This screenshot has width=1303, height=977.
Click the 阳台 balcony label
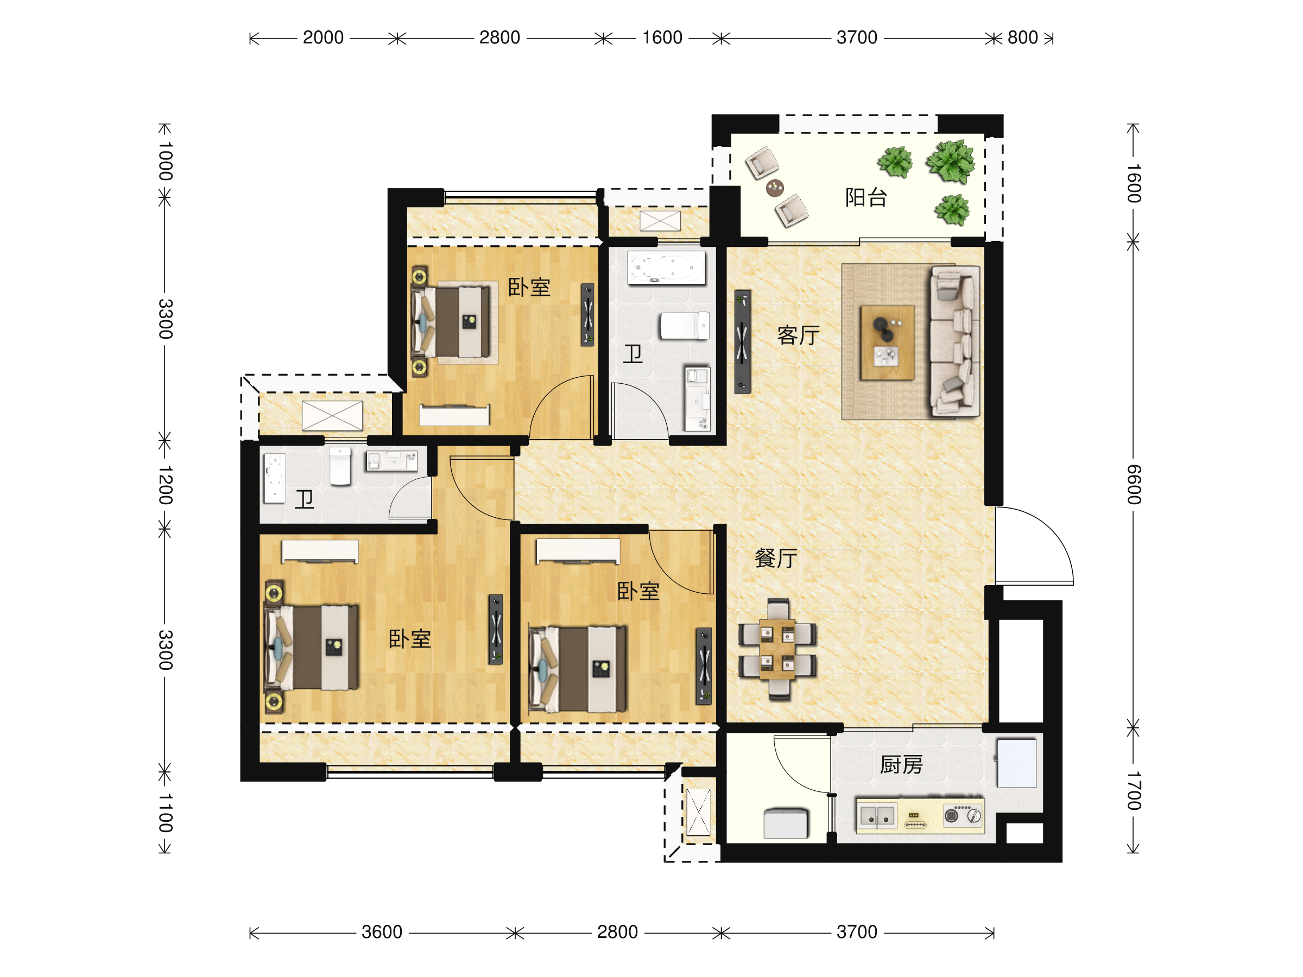(x=865, y=197)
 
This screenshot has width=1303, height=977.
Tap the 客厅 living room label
(x=798, y=335)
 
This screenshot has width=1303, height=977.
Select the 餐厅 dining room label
(x=776, y=557)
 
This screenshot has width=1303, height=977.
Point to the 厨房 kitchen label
(x=901, y=765)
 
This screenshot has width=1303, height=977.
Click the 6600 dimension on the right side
(x=1134, y=484)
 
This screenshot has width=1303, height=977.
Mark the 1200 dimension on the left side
(x=166, y=485)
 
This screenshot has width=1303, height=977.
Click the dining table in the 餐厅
(x=777, y=649)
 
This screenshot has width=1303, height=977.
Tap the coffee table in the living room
(x=887, y=342)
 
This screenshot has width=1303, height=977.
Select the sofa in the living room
(x=955, y=341)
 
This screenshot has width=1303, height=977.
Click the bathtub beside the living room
(x=666, y=268)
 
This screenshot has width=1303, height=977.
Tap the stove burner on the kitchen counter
(x=951, y=816)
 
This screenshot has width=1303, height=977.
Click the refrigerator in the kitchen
(x=1016, y=763)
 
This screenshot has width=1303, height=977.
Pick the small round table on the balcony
(x=775, y=188)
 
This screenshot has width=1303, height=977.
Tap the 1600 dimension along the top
(x=662, y=37)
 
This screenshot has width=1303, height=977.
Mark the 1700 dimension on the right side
(x=1134, y=790)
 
